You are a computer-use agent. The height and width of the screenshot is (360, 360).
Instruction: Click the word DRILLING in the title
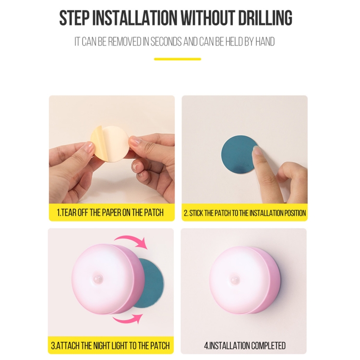tap(265, 18)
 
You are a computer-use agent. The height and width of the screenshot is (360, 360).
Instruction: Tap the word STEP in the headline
tap(74, 18)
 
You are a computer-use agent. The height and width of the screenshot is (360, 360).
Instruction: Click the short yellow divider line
tap(178, 59)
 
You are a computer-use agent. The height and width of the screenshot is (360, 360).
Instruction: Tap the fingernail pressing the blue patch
tap(256, 151)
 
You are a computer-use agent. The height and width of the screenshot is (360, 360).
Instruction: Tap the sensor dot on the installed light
tap(235, 280)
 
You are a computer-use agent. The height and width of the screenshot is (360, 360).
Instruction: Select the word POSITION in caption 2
tap(295, 213)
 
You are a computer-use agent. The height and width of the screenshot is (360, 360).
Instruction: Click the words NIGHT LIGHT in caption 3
tap(107, 345)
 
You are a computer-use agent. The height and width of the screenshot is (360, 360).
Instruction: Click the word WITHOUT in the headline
tap(208, 18)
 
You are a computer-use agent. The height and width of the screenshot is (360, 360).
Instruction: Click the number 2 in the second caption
tap(185, 213)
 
